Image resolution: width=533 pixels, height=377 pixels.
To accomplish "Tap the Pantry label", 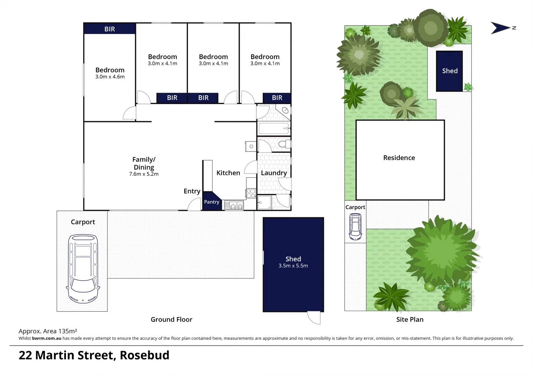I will coord(211,202).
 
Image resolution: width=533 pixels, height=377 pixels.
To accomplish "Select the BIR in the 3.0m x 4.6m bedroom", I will coord(110,29).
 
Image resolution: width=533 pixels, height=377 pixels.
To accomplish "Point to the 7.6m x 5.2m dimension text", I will coord(144,174).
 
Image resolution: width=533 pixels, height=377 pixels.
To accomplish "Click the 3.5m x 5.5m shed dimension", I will coord(293,266).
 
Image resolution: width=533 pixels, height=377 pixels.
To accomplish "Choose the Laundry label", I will coord(274,173).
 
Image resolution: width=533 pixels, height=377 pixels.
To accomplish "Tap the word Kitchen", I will coord(228,173).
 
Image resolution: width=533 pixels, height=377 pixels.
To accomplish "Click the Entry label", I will coord(192,191).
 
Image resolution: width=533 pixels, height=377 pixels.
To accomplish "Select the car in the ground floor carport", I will coord(83,268).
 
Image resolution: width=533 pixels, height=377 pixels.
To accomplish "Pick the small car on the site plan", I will coord(355,227).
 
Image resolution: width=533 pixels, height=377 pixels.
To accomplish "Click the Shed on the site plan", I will coord(450,71).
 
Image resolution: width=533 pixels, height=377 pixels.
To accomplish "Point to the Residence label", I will coord(399,158).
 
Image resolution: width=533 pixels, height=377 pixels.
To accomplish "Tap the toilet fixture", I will coord(284,144).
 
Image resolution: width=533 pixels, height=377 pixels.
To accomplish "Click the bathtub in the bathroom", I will coord(274,128).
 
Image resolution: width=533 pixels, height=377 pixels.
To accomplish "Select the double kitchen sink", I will coord(234,205).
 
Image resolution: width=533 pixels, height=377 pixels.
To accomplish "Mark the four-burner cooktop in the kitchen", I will coord(251,193).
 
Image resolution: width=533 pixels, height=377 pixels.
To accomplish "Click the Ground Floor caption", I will coord(171,319).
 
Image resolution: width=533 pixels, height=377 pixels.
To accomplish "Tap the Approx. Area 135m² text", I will coord(48,331).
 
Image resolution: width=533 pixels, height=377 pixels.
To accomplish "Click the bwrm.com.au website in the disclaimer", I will coord(46,338).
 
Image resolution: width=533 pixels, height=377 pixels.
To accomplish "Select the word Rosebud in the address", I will coord(144,355).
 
